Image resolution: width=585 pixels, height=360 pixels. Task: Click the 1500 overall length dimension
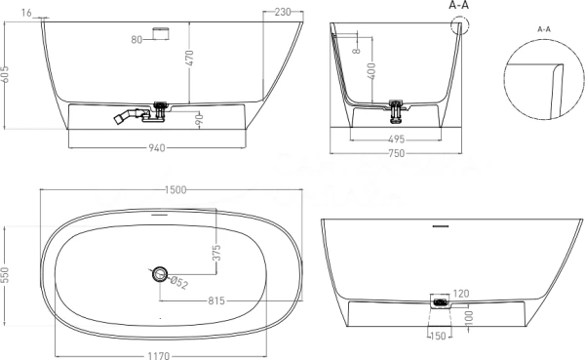[175, 189]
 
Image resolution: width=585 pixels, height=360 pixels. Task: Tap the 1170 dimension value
[159, 356]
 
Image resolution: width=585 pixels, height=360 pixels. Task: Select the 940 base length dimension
[157, 148]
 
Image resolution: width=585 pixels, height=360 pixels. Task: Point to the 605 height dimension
[5, 74]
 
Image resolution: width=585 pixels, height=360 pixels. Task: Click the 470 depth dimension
[189, 59]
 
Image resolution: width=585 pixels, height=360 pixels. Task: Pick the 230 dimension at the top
[283, 12]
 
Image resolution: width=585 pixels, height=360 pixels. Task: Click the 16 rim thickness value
[26, 13]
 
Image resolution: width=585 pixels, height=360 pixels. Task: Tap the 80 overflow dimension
[136, 40]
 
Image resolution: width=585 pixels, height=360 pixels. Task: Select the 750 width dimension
[396, 153]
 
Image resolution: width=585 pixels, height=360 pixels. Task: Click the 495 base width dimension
[396, 140]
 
